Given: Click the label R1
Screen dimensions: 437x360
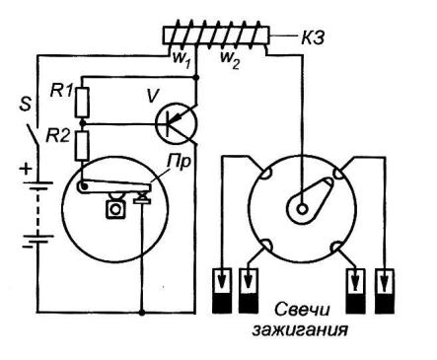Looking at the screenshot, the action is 60,91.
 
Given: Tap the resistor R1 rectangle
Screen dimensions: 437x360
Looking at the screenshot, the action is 82,103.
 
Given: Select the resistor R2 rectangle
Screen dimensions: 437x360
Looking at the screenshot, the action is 82,146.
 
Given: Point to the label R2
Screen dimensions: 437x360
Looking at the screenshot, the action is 58,136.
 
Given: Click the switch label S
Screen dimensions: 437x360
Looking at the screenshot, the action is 26,104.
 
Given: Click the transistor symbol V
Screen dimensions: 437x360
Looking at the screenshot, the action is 177,124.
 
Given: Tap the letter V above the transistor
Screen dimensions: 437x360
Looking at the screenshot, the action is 152,96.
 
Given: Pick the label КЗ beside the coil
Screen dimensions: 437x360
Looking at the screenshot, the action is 313,37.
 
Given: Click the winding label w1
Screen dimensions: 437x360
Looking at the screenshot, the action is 181,60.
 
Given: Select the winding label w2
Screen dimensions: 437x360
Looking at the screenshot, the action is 230,60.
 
